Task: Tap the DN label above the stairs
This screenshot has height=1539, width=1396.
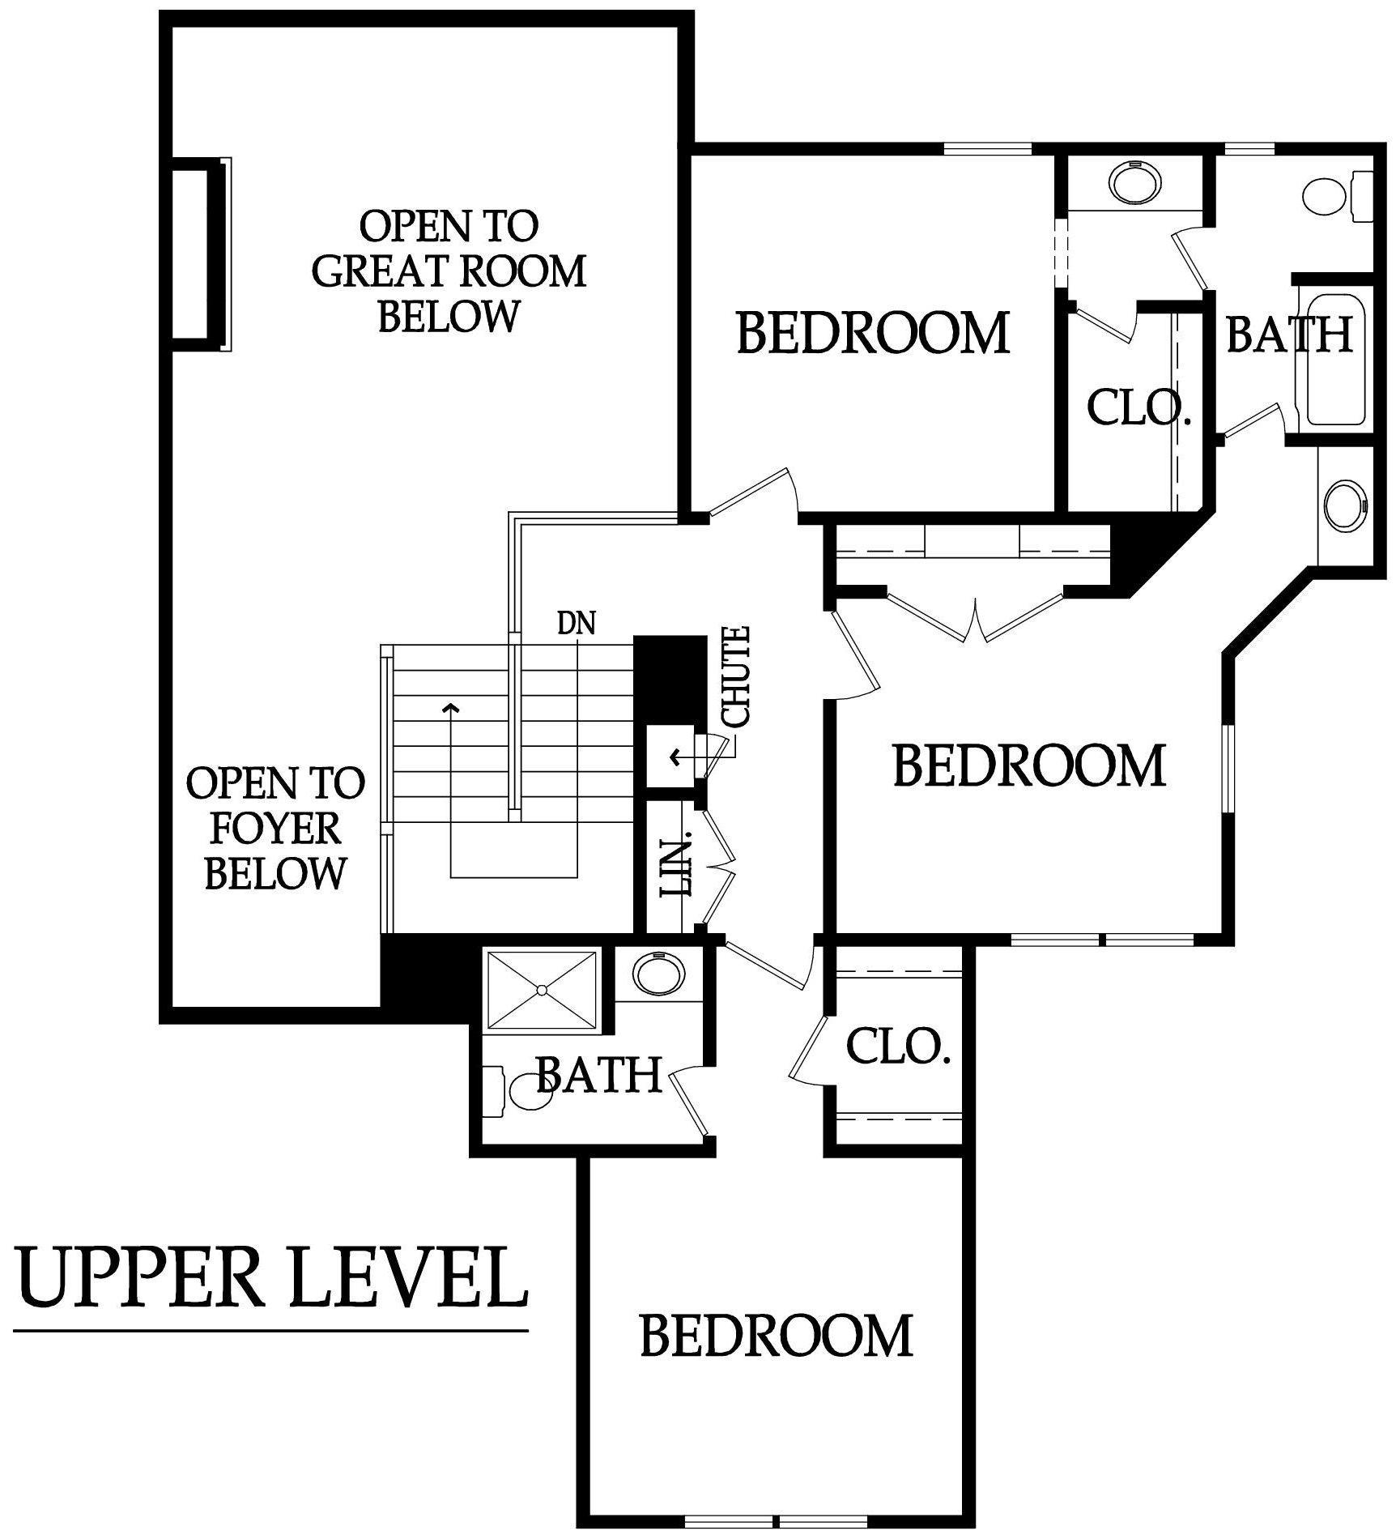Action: (x=577, y=623)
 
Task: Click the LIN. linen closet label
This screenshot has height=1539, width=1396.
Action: (x=678, y=867)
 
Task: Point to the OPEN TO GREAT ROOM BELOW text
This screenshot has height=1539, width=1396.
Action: (x=449, y=271)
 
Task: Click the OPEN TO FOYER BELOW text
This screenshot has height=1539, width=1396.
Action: (x=275, y=828)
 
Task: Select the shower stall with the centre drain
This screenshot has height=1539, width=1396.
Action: (x=542, y=990)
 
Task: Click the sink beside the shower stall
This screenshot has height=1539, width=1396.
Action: (x=657, y=973)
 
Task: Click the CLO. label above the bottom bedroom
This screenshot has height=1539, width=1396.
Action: (x=897, y=1047)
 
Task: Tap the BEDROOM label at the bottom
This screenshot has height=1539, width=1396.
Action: (x=776, y=1336)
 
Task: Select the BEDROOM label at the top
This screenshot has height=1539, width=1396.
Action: (x=873, y=332)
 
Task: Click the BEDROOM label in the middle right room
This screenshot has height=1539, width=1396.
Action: (x=1028, y=765)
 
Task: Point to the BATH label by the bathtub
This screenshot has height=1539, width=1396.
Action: (x=1289, y=334)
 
